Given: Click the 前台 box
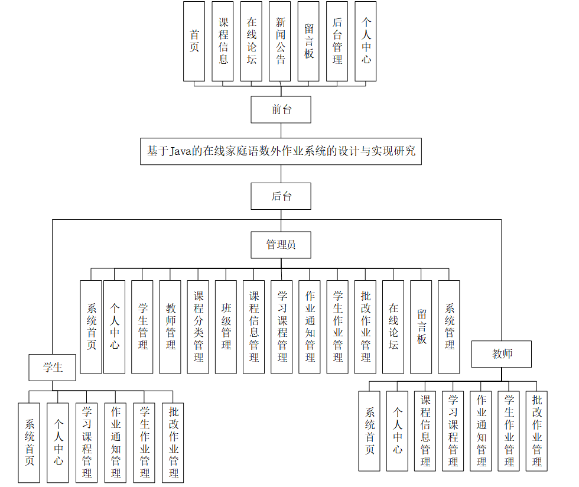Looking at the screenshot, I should pyautogui.click(x=281, y=109).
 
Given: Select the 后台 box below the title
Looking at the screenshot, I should pyautogui.click(x=281, y=196).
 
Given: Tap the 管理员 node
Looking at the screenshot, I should pyautogui.click(x=281, y=245).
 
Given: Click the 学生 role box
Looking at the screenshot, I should pyautogui.click(x=53, y=367).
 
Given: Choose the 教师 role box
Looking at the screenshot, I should pyautogui.click(x=502, y=354).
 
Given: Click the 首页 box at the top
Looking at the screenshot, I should pyautogui.click(x=194, y=41).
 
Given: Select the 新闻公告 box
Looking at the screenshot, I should pyautogui.click(x=280, y=41).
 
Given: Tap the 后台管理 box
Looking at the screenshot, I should pyautogui.click(x=337, y=41).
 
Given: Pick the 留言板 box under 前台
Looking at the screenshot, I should pyautogui.click(x=308, y=41).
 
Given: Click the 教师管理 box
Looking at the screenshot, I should pyautogui.click(x=170, y=327).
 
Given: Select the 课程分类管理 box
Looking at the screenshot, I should pyautogui.click(x=198, y=327).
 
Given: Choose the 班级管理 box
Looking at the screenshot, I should pyautogui.click(x=226, y=327).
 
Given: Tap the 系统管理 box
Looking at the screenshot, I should pyautogui.click(x=449, y=327).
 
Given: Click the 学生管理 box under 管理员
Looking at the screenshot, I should pyautogui.click(x=142, y=327).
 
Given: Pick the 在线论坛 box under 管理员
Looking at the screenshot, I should pyautogui.click(x=393, y=327).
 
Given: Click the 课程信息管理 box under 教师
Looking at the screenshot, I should pyautogui.click(x=425, y=431).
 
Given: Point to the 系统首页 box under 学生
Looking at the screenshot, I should pyautogui.click(x=29, y=443).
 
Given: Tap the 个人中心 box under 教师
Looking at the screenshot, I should pyautogui.click(x=397, y=431).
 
